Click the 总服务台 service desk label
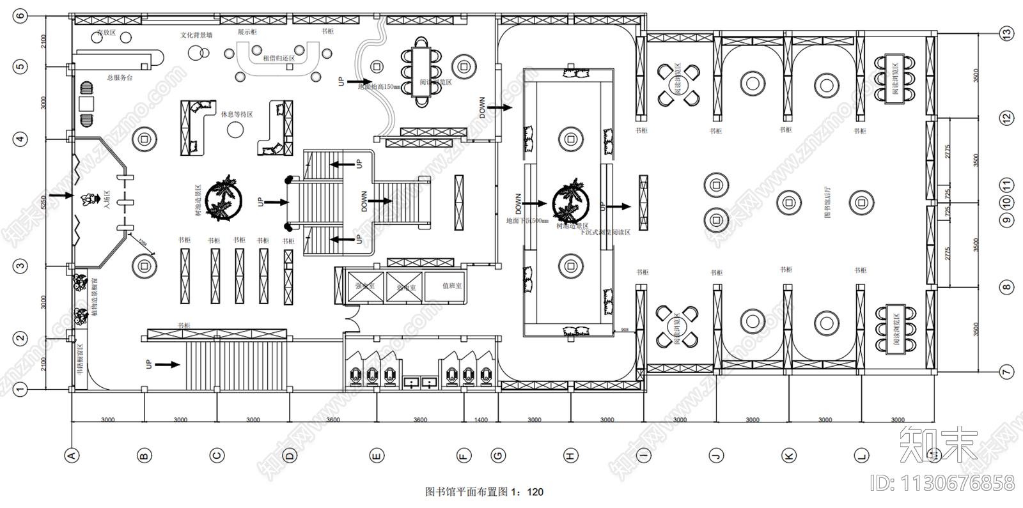point(120,78)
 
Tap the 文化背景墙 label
point(196,35)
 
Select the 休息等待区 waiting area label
point(237,114)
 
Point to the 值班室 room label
point(452,286)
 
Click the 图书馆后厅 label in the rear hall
point(828,203)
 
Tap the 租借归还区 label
point(279,58)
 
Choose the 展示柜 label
point(247,31)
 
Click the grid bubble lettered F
point(464,456)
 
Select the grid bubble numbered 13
point(1007,34)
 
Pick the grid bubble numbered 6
point(20,15)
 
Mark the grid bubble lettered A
point(72,456)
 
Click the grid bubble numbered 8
point(1007,287)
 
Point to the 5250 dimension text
point(43,203)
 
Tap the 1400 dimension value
point(481,420)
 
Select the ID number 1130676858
point(942,483)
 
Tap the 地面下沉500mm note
point(527,221)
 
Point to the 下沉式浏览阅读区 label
point(604,233)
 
